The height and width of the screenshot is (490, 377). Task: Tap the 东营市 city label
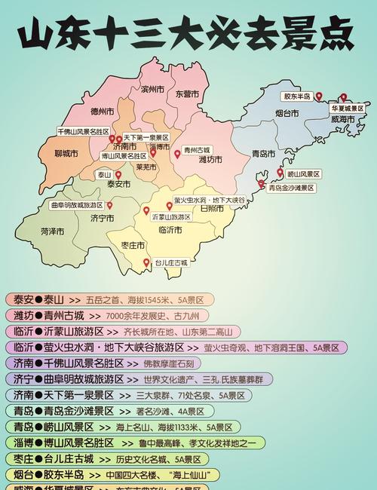point(186,94)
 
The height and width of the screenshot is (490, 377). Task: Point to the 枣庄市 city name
point(133,246)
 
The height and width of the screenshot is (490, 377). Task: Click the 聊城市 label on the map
point(66,154)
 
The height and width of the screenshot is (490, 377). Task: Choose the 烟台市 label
point(287,113)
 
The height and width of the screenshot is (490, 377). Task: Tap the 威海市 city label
point(342,120)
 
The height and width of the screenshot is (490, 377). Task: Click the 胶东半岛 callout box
point(297,96)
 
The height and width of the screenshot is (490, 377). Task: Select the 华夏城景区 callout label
point(347,109)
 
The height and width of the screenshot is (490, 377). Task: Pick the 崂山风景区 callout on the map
point(303,174)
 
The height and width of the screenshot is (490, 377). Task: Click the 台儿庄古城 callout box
point(171,263)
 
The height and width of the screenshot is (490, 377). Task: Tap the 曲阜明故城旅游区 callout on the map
point(77,205)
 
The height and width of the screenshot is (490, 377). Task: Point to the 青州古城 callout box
point(197,150)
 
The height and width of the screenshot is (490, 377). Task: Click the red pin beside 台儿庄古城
point(146,262)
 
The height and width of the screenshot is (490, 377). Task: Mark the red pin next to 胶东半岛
point(319,96)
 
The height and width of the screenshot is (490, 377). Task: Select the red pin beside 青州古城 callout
point(177,154)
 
